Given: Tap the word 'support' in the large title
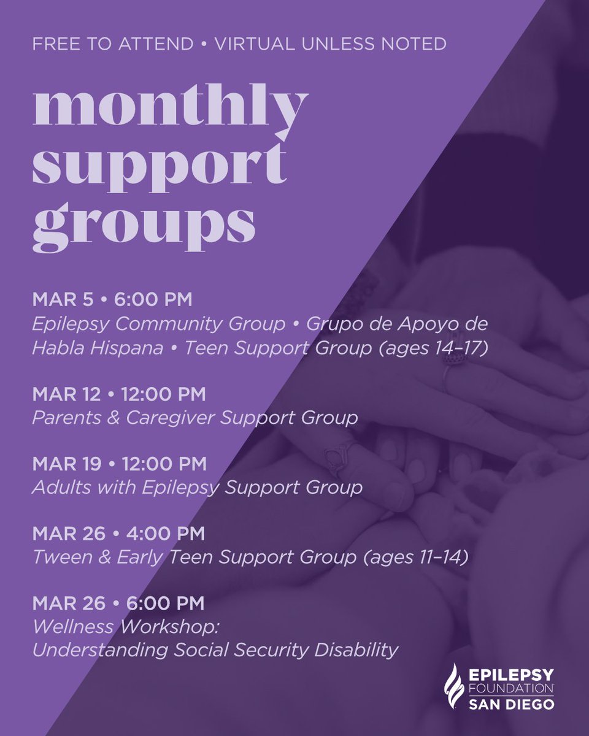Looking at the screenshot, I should (x=160, y=167).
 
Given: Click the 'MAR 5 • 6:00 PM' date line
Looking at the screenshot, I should (x=112, y=301).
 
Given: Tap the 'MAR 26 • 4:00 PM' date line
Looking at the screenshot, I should (x=118, y=534).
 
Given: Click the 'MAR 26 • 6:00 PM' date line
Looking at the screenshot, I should (x=118, y=604).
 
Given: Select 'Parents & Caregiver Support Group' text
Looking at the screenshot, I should (x=195, y=418).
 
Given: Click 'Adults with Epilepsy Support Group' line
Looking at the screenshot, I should (x=197, y=488).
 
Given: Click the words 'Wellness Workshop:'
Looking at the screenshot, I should (x=114, y=627).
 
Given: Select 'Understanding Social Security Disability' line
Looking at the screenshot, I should (x=215, y=650).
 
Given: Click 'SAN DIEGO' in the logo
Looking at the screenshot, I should (x=512, y=704).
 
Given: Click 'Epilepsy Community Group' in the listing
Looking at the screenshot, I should (x=159, y=324).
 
